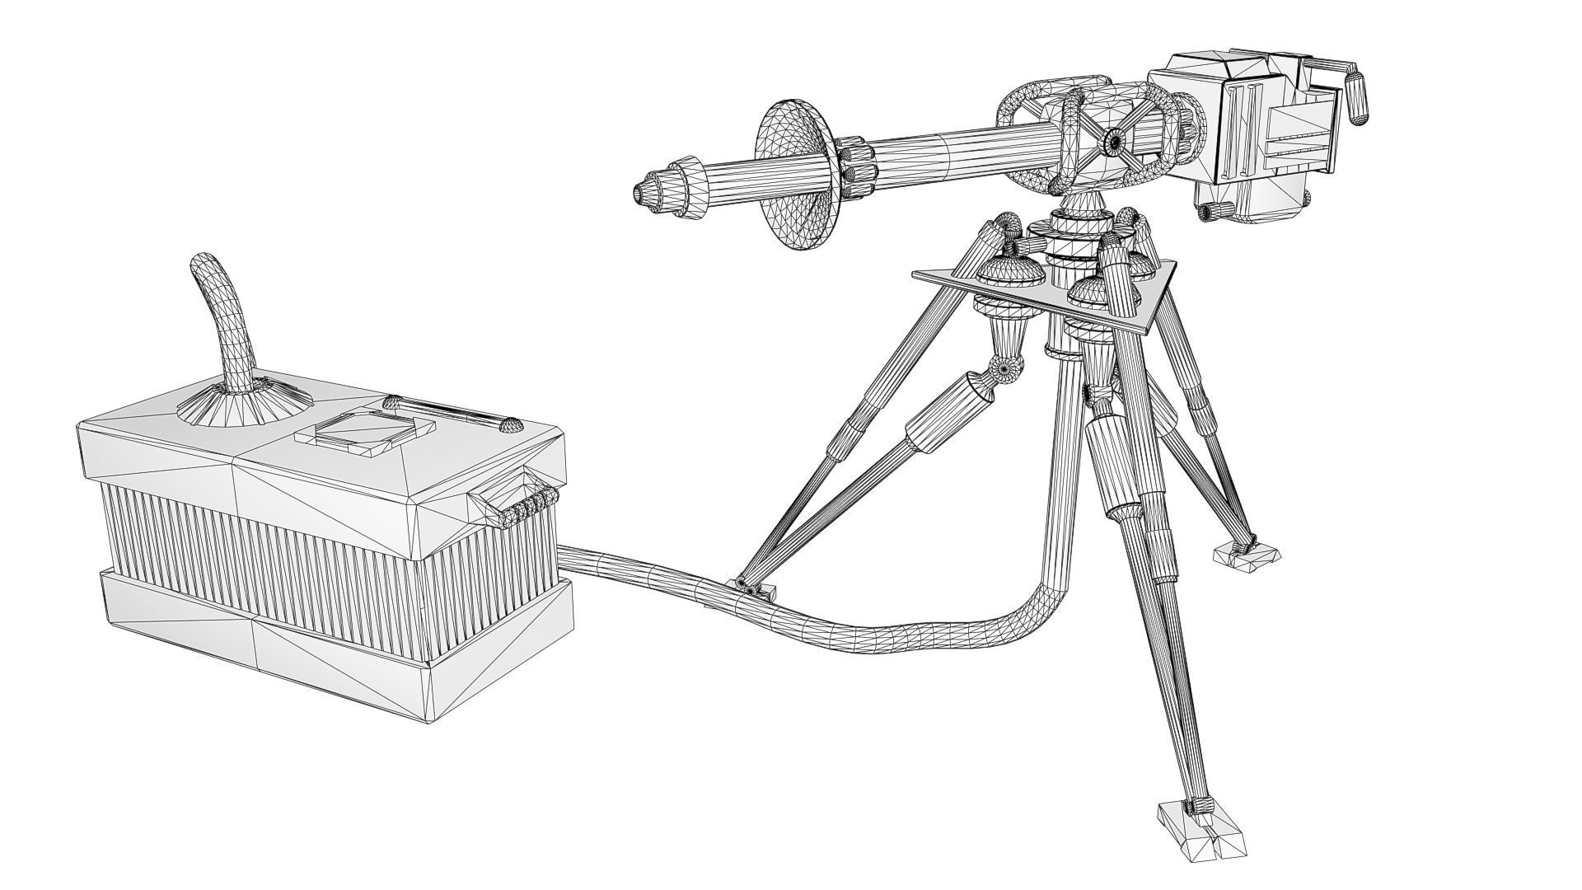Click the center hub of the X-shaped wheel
[1114, 142]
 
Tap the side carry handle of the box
[515, 504]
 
